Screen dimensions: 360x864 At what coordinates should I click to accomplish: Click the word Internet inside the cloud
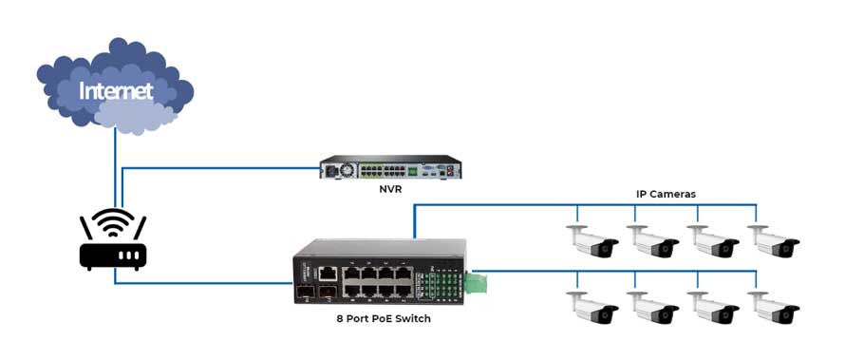click(x=115, y=91)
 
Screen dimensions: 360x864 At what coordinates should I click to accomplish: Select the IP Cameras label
click(x=666, y=194)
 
